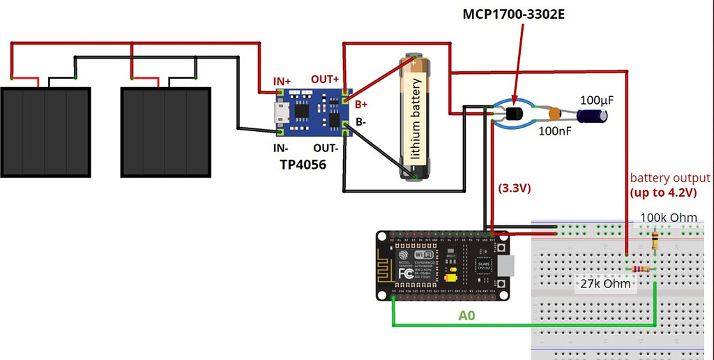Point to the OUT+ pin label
coord(325,79)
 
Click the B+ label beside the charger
coord(362,105)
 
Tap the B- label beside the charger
coord(360,122)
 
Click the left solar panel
coord(45,132)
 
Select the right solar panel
coord(165,132)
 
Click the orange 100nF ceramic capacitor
coord(555,113)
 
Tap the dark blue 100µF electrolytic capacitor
coord(594,112)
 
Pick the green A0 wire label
coord(467,315)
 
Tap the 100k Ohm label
coord(668,218)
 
